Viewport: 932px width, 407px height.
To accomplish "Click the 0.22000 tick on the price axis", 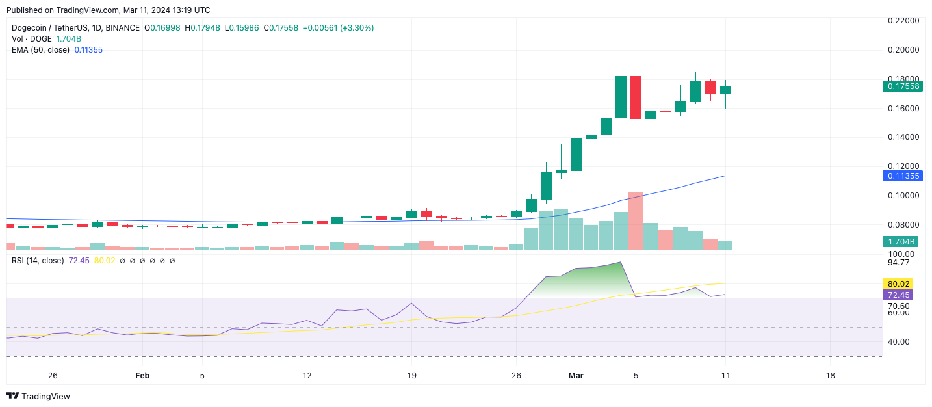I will click(x=903, y=21).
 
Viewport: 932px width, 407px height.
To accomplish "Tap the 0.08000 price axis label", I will click(x=903, y=225).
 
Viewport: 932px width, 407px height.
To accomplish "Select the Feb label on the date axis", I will click(x=142, y=376).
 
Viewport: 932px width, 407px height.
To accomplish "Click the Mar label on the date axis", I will click(x=576, y=376).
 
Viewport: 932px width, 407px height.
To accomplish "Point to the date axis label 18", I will click(x=829, y=376).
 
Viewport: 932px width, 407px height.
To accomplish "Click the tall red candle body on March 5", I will click(x=636, y=98).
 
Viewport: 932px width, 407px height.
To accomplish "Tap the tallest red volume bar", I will click(x=636, y=220).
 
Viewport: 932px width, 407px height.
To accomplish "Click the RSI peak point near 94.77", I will click(x=621, y=262).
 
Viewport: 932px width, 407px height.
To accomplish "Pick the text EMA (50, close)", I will click(x=41, y=49).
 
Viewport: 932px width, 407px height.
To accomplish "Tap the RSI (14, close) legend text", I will click(x=38, y=261).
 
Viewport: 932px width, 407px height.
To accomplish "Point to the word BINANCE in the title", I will click(x=122, y=28).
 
